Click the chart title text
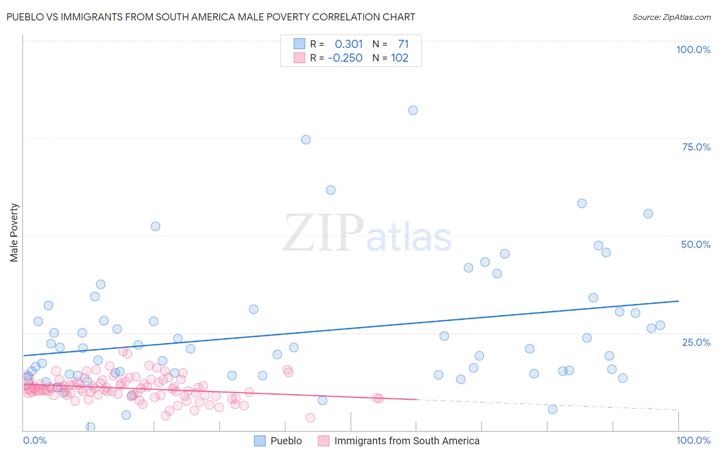[211, 17]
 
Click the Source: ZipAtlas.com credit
[671, 17]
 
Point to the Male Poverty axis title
[14, 233]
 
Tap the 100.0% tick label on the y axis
[693, 49]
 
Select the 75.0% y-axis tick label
[696, 147]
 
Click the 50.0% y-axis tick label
[696, 244]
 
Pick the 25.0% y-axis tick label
[696, 342]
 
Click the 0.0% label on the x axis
[35, 441]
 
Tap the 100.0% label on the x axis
[693, 441]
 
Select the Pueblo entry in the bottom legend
[286, 441]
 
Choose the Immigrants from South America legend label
[406, 441]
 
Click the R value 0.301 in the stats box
[349, 44]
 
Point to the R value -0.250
[345, 58]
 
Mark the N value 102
[400, 58]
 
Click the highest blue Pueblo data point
[413, 110]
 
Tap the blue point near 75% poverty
[306, 140]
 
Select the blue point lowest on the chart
[91, 427]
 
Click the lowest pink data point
[310, 418]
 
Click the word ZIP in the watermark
[323, 233]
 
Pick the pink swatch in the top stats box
[299, 58]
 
